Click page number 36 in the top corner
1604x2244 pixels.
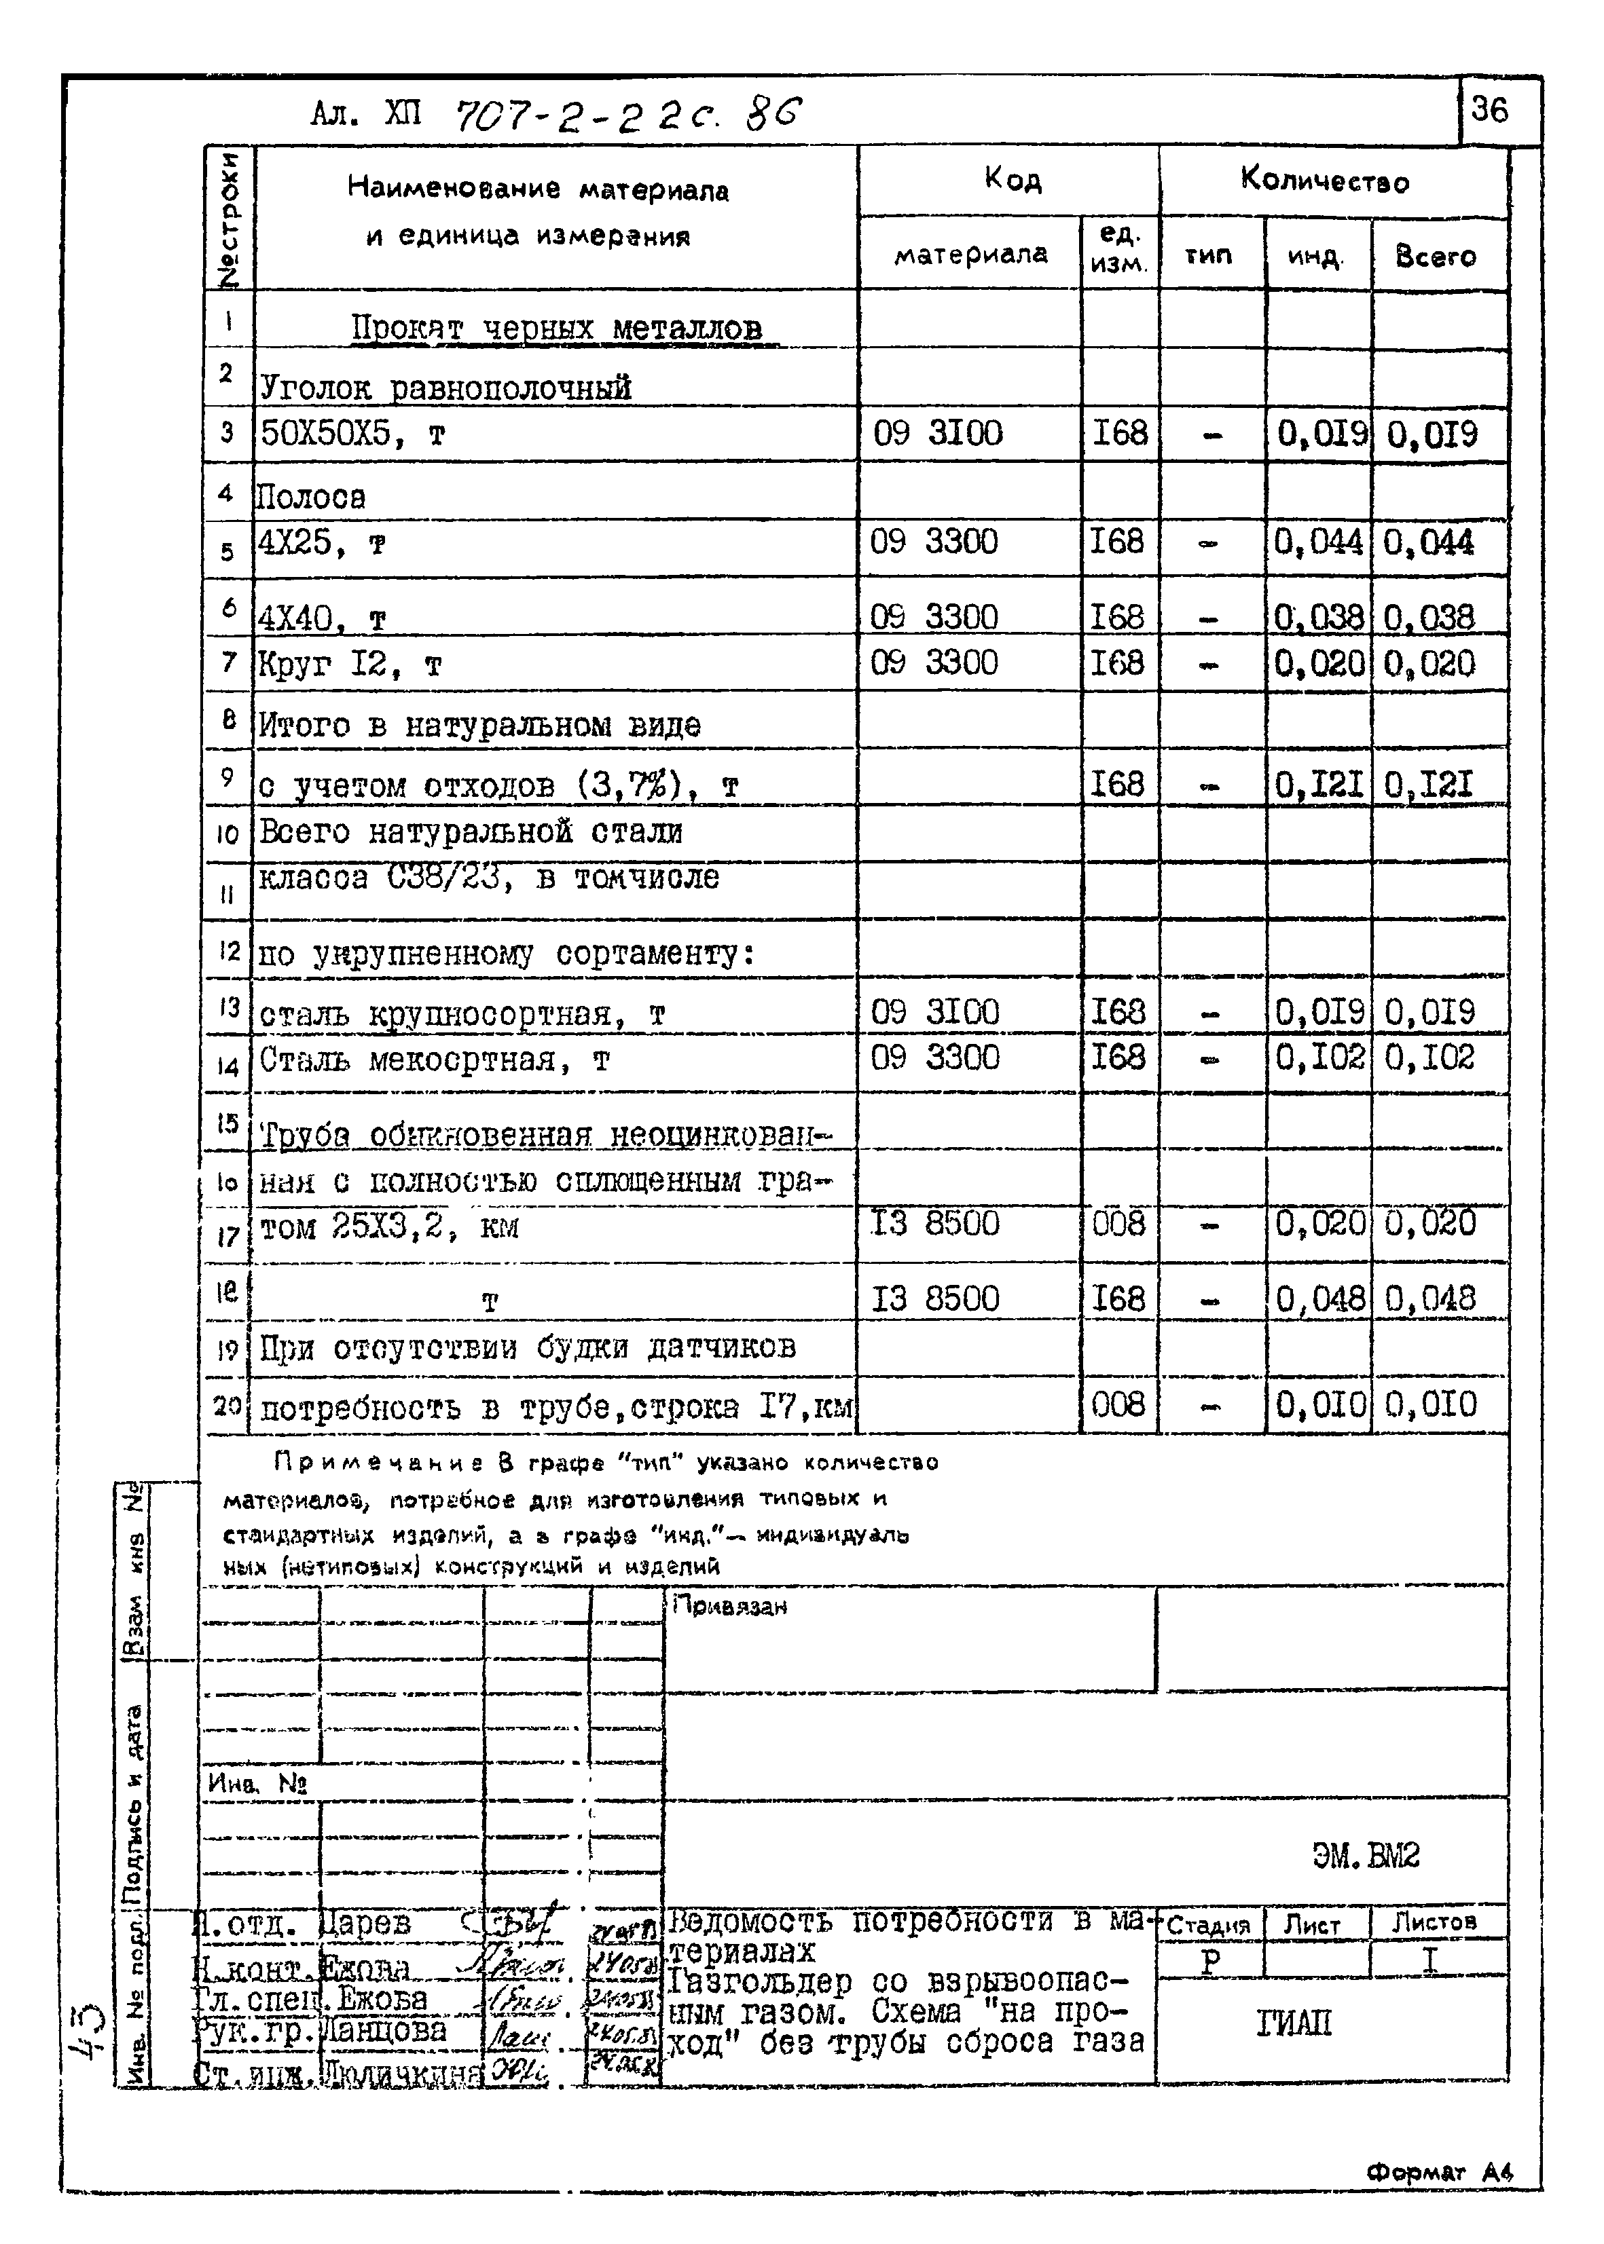(x=1489, y=109)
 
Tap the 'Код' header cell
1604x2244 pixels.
(x=1013, y=180)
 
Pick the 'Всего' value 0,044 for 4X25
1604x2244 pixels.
(x=1429, y=543)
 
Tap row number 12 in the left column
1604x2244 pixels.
(x=228, y=952)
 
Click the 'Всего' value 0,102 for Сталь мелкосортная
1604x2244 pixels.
(x=1429, y=1058)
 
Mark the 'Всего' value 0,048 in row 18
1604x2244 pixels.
(x=1429, y=1298)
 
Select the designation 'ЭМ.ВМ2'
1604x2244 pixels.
(x=1366, y=1856)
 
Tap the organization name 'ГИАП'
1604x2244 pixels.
(x=1294, y=2025)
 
